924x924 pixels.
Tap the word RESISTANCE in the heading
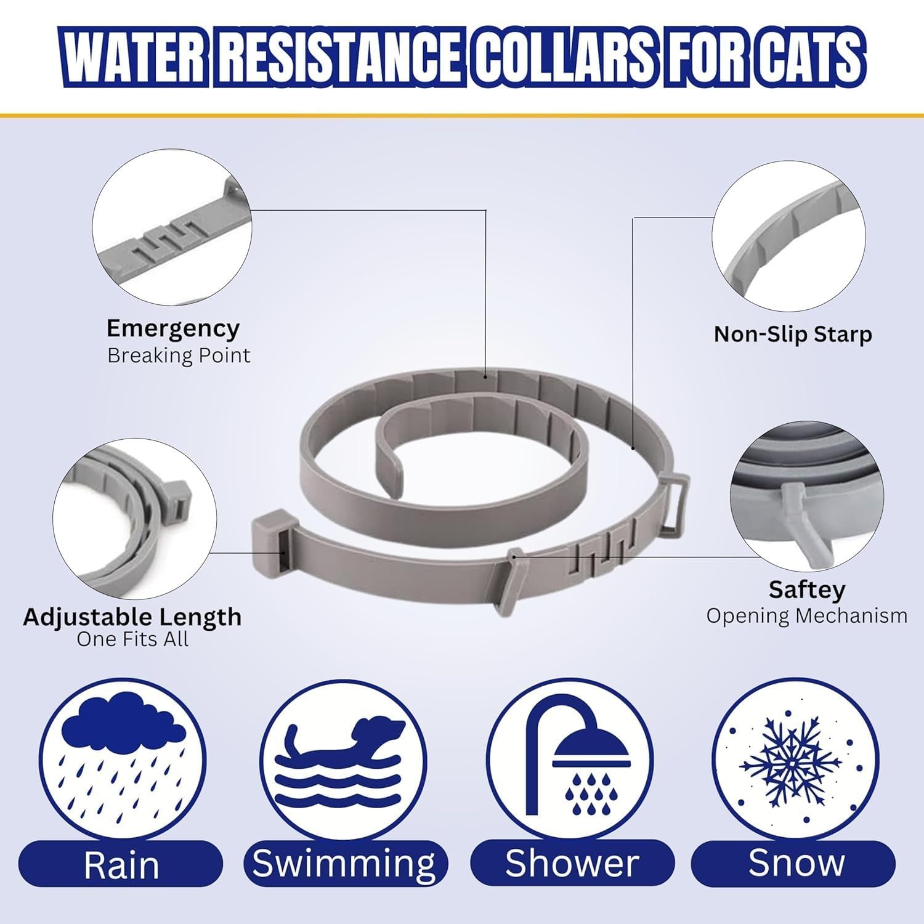pyautogui.click(x=340, y=59)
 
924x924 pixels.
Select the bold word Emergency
pyautogui.click(x=173, y=330)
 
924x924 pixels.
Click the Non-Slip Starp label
pyautogui.click(x=793, y=334)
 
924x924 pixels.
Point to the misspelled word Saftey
pyautogui.click(x=807, y=590)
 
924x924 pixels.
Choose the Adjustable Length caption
pyautogui.click(x=132, y=617)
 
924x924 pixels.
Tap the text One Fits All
pyautogui.click(x=132, y=639)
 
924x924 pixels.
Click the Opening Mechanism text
pyautogui.click(x=807, y=615)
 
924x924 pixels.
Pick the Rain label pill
pyautogui.click(x=121, y=864)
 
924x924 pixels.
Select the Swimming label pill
pyautogui.click(x=344, y=864)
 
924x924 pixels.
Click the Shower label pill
pyautogui.click(x=572, y=864)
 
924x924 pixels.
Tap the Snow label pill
pyautogui.click(x=796, y=864)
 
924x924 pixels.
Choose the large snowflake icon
pyautogui.click(x=792, y=764)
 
